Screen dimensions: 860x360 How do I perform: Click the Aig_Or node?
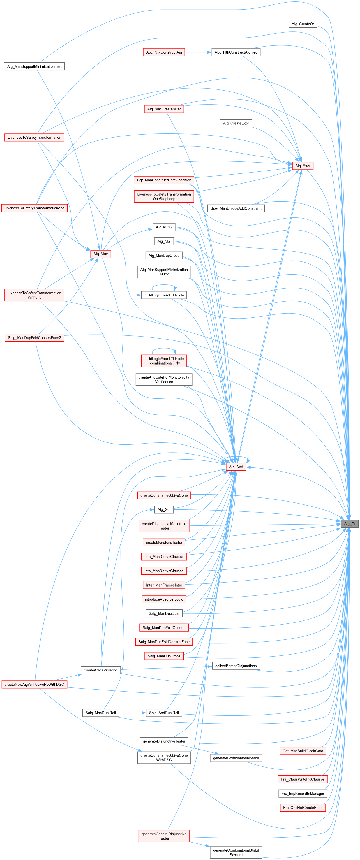(349, 523)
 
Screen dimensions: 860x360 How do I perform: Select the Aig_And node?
(236, 467)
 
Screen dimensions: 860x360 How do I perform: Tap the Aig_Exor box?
(303, 166)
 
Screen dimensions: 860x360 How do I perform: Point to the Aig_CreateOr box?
(303, 24)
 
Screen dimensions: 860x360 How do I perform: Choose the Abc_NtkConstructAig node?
(164, 52)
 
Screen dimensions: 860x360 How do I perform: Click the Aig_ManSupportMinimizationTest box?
(34, 66)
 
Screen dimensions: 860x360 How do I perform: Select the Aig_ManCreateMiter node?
(164, 109)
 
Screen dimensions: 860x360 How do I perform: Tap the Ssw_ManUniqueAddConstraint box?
(236, 208)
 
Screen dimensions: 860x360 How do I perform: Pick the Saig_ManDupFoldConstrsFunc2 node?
(34, 337)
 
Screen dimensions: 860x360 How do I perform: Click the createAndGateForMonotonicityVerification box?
(164, 379)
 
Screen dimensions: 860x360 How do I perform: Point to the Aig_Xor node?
(164, 509)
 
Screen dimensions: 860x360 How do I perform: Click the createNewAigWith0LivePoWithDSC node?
(34, 684)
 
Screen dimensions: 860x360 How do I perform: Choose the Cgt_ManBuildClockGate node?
(303, 751)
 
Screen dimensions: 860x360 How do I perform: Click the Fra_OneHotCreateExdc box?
(303, 808)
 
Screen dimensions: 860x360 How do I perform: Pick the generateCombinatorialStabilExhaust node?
(236, 852)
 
